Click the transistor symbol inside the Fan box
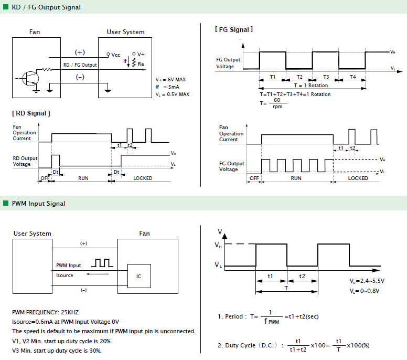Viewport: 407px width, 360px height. click(30, 78)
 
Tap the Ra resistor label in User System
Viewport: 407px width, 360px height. click(141, 64)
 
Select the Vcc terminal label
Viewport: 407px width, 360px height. click(116, 55)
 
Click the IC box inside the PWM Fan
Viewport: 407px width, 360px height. click(139, 276)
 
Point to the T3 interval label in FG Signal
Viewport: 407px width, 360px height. click(326, 77)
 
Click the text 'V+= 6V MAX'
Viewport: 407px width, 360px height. click(170, 79)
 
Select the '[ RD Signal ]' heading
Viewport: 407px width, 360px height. click(31, 113)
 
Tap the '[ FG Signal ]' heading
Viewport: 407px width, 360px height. click(234, 29)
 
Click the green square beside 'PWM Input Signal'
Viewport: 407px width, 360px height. click(6, 203)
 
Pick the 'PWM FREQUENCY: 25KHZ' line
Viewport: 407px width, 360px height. click(46, 312)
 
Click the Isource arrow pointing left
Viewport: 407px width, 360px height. click(98, 274)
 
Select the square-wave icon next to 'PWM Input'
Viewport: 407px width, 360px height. click(102, 263)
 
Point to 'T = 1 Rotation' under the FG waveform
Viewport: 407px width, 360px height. click(311, 85)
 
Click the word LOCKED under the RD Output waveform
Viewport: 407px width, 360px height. click(143, 178)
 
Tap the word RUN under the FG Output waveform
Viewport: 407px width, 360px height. click(296, 178)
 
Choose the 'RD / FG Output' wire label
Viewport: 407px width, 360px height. click(80, 65)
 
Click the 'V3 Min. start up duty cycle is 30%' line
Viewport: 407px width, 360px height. click(57, 351)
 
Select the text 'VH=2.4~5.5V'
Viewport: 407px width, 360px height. click(367, 281)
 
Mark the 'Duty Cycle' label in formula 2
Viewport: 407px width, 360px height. click(240, 345)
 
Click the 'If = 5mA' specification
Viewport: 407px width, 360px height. click(167, 87)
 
